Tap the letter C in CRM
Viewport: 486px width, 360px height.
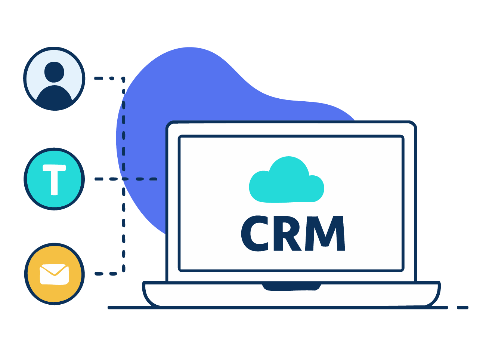255,234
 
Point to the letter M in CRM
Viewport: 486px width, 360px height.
325,233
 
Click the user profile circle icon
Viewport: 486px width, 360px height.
55,79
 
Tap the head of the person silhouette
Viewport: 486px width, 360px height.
54,72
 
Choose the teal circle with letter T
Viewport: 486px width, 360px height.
55,179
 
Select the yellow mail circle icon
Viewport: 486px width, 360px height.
55,274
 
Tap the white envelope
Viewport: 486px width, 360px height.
55,274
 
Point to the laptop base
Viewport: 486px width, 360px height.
291,295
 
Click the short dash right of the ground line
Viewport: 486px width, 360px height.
462,308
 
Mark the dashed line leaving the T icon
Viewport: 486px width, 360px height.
108,179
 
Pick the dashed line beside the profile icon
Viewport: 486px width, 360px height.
105,79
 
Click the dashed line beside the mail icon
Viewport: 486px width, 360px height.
105,274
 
